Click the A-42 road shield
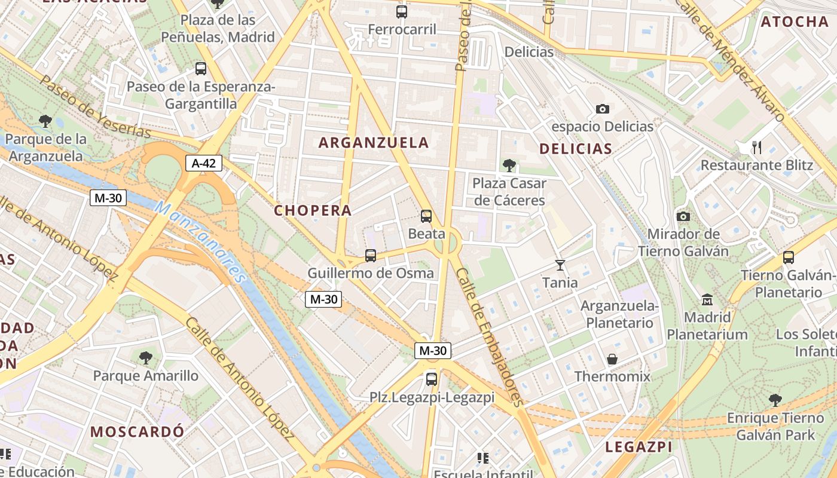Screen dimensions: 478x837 coord(204,163)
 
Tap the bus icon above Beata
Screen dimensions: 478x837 coord(426,216)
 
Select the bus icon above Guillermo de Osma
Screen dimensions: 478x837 coord(371,256)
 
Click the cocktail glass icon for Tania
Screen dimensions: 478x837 coord(560,265)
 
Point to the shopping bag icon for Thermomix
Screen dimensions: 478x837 coord(612,359)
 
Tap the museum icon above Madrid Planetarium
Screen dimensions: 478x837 coord(708,299)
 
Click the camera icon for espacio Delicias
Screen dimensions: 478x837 coord(603,109)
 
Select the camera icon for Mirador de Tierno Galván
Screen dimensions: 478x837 coord(683,216)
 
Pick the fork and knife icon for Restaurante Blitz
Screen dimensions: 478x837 coord(757,147)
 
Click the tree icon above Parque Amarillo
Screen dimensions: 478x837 coord(145,358)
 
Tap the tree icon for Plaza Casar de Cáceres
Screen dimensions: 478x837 coord(509,165)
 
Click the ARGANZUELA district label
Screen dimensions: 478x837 coord(374,143)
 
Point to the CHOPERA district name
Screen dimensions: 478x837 coord(313,210)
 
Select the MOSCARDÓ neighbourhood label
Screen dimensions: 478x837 coord(137,431)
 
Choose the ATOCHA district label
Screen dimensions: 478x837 coord(795,22)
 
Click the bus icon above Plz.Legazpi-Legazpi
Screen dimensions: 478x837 coord(432,379)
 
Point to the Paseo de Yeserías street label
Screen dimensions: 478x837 coord(96,106)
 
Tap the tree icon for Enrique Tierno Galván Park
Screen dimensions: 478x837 coord(775,400)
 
